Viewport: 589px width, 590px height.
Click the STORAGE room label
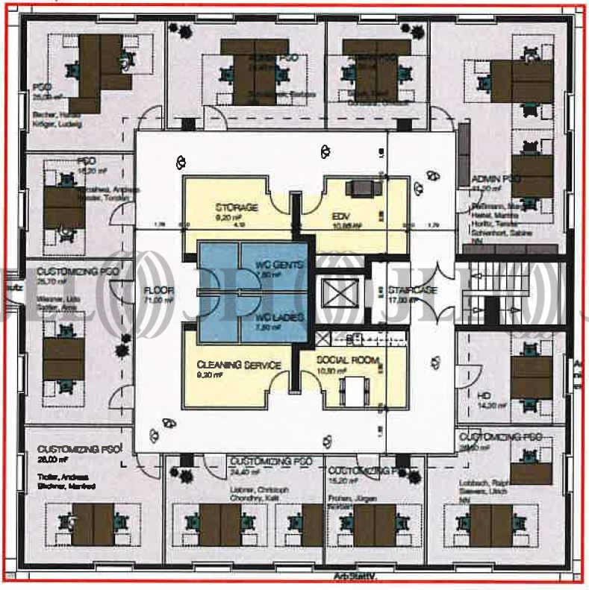tap(237, 207)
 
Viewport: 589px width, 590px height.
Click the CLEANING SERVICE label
tap(239, 365)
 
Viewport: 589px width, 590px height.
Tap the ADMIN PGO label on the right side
tap(496, 180)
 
